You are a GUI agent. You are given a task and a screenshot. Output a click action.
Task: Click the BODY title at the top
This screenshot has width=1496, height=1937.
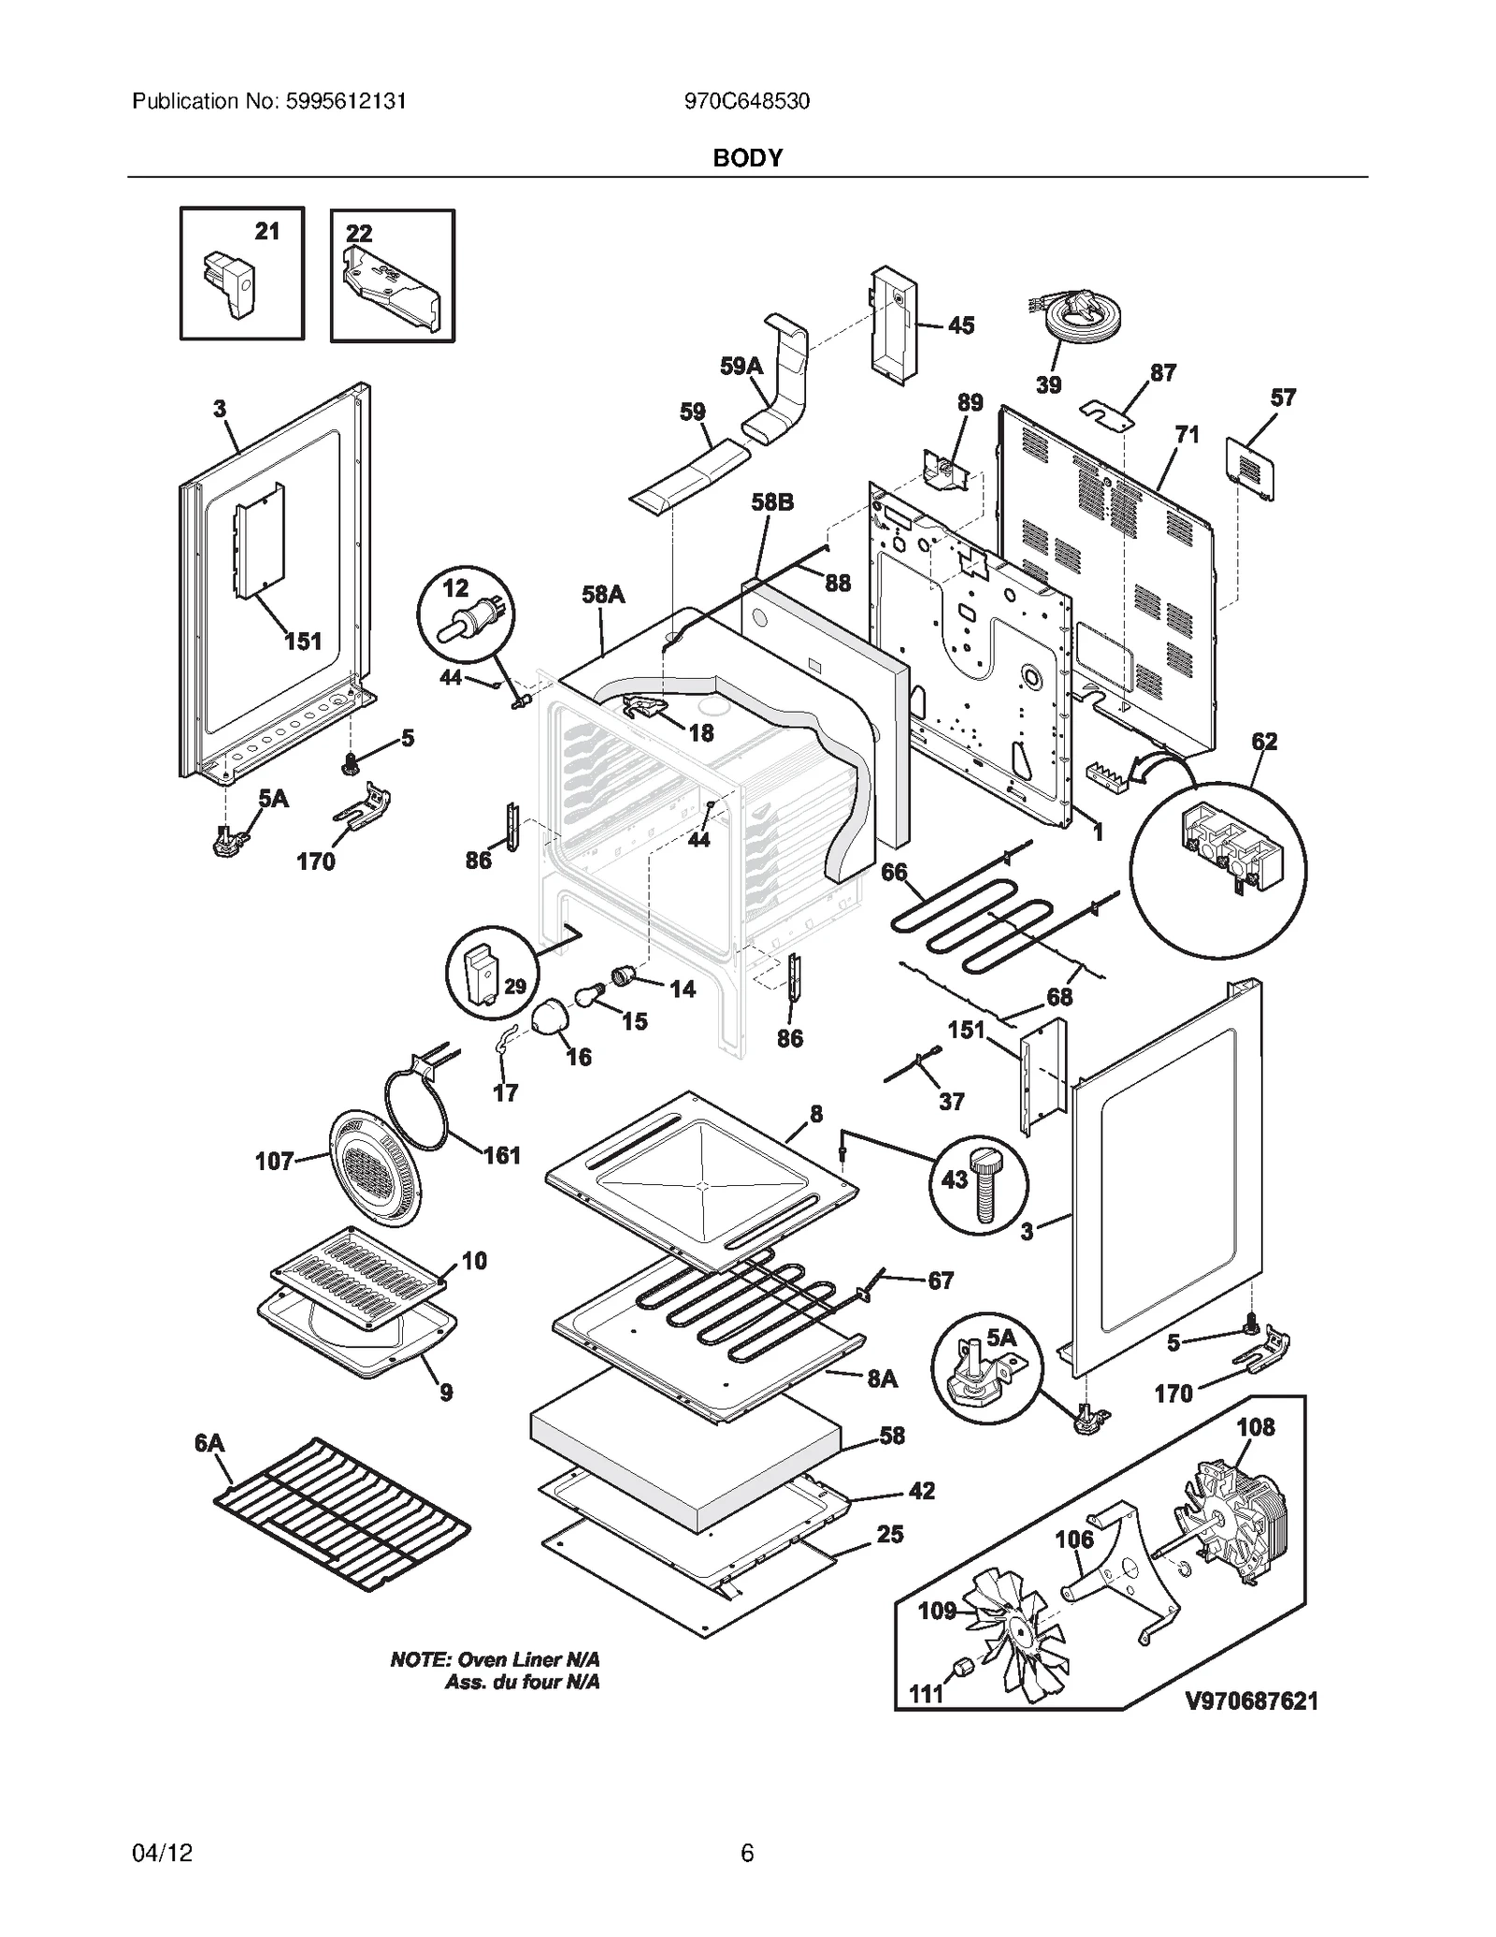click(747, 158)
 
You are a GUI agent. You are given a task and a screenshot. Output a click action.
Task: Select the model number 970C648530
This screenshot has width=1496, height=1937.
click(746, 101)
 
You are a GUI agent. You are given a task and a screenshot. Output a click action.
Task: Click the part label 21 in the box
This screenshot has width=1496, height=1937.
click(267, 231)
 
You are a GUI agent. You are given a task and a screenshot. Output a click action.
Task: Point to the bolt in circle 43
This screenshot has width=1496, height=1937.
click(985, 1186)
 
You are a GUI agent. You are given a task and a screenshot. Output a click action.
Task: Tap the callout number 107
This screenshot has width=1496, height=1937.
click(274, 1162)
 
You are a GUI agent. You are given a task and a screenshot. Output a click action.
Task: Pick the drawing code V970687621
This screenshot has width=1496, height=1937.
click(1252, 1700)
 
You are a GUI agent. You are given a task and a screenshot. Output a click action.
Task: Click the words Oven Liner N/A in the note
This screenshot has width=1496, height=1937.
click(527, 1659)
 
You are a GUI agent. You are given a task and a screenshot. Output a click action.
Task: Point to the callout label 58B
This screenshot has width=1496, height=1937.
click(772, 503)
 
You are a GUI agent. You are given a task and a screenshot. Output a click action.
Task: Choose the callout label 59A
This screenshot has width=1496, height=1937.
click(741, 368)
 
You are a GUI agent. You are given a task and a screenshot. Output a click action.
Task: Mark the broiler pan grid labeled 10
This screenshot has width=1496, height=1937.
click(355, 1271)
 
